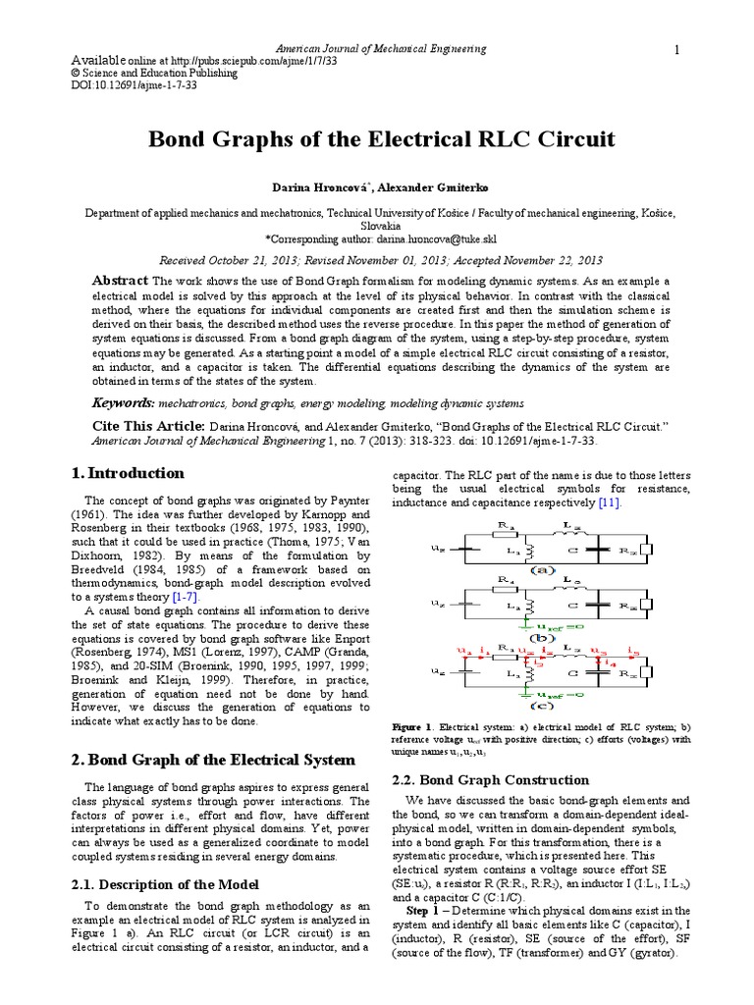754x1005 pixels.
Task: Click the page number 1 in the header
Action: pos(676,50)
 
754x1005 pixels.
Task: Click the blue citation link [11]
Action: pos(609,502)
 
